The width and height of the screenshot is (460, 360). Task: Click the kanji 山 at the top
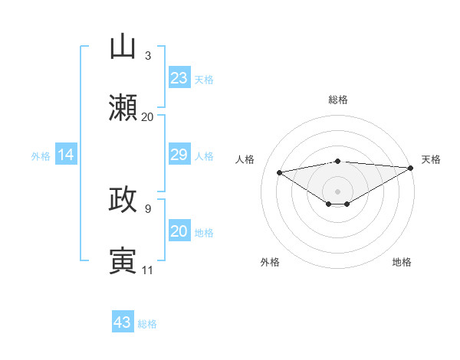123,47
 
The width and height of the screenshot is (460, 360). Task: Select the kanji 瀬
123,107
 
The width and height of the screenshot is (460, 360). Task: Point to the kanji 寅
123,260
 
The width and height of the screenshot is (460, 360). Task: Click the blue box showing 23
179,77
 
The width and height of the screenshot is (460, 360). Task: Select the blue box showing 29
179,155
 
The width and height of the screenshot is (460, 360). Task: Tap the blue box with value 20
179,231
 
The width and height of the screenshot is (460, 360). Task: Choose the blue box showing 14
66,155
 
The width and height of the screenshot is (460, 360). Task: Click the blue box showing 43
122,322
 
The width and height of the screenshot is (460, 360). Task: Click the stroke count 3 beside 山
147,56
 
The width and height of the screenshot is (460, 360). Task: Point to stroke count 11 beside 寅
147,270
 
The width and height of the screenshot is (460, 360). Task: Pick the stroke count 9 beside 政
147,208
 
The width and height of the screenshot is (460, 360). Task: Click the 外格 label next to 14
41,155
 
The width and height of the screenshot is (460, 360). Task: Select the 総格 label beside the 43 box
147,323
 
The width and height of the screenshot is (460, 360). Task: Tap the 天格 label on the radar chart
431,159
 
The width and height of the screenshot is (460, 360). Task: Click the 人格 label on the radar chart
246,159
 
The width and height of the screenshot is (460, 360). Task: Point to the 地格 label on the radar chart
402,262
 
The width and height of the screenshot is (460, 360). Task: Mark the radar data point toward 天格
411,168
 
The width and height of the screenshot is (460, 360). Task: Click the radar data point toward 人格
280,172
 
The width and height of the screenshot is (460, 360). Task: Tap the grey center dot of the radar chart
337,191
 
